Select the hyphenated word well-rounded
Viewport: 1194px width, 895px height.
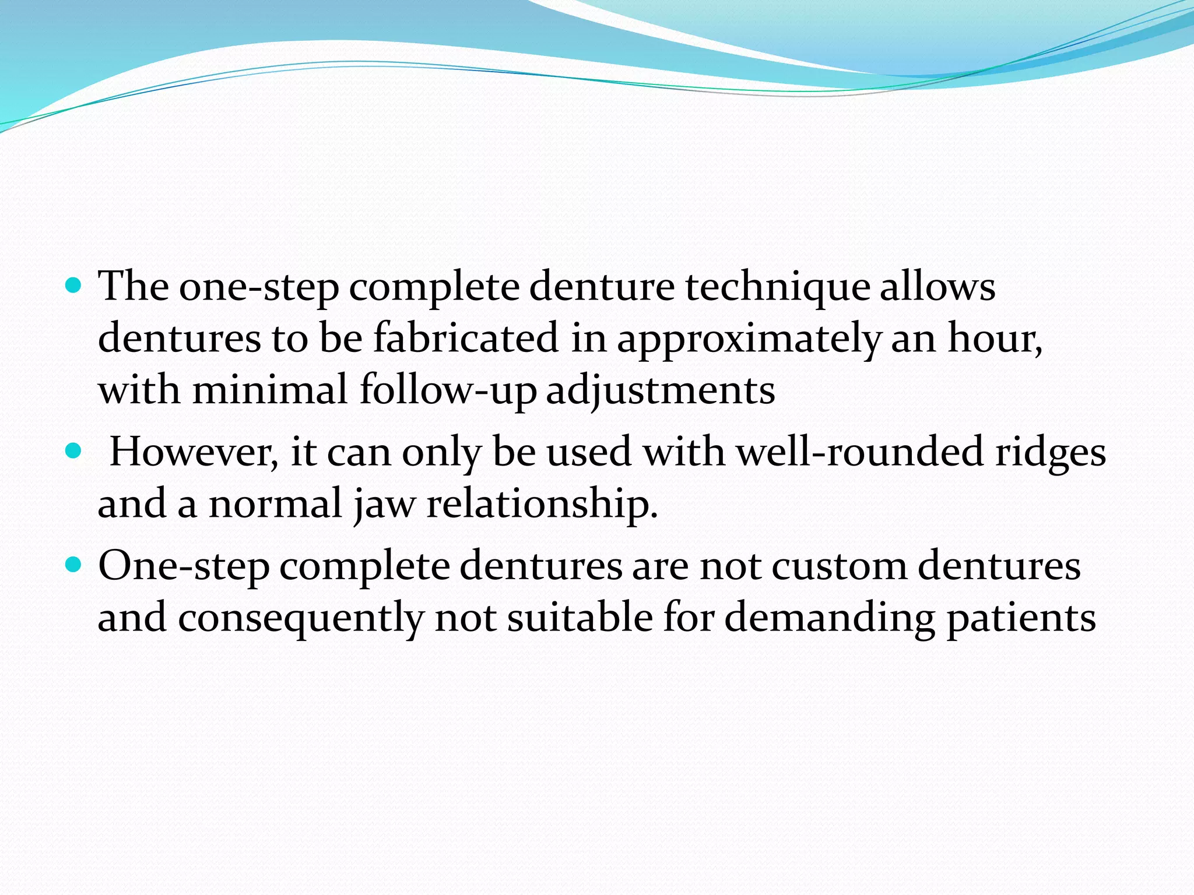coord(860,452)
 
